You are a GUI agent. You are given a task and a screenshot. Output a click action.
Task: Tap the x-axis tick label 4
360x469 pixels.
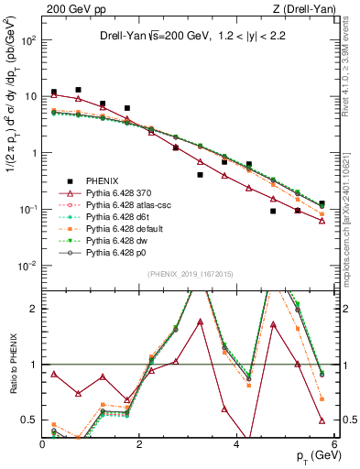point(237,444)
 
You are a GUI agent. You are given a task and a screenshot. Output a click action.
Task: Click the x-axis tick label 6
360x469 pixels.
point(334,444)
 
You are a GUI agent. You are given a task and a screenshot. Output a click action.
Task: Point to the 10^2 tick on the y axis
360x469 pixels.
point(27,40)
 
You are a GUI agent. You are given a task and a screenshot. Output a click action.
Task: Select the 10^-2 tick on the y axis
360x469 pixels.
point(27,266)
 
